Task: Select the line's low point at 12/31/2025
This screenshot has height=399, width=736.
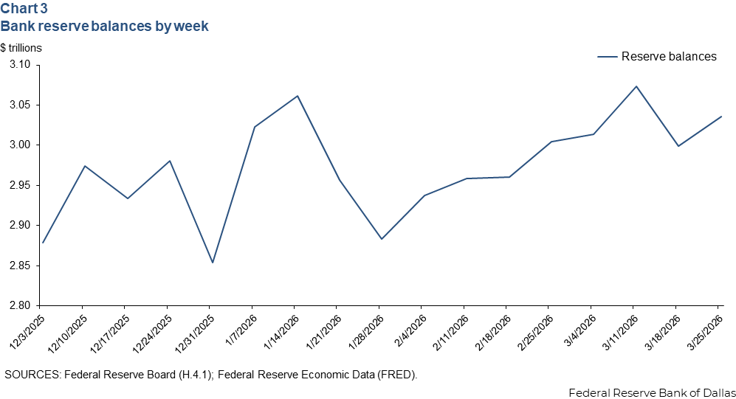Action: coord(213,263)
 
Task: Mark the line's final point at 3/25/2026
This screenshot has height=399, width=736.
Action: coord(720,117)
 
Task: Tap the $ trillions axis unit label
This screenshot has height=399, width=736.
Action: coord(21,48)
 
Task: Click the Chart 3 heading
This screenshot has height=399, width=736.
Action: coord(26,10)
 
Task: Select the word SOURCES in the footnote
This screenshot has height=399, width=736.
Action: coord(33,375)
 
